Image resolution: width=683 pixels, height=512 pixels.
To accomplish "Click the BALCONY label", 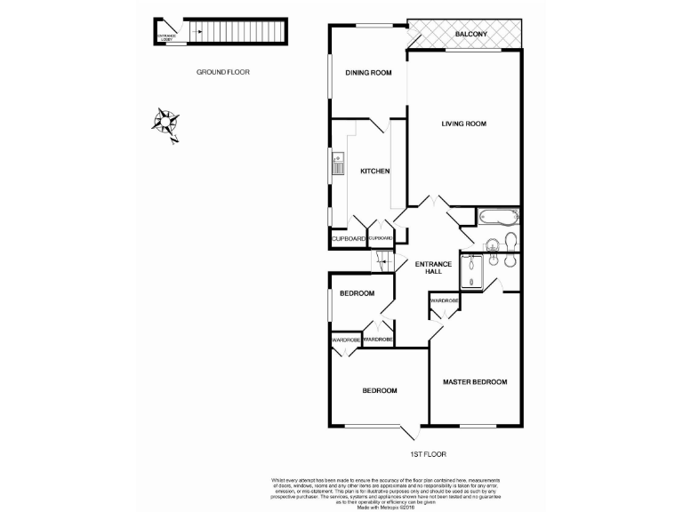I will coord(470,34).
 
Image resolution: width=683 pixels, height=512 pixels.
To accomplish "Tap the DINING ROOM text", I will coord(368,73).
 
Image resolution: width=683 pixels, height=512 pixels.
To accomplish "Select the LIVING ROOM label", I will coord(463,124).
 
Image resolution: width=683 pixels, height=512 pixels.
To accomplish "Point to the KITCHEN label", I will coord(374,172).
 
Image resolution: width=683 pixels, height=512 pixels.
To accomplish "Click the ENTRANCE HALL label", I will coord(433,268).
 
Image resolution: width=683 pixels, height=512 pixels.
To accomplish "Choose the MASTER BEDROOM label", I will coord(475,382).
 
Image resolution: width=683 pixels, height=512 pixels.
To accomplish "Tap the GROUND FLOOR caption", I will coord(223,72).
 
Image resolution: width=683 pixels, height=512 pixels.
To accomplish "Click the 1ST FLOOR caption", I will coord(427,454).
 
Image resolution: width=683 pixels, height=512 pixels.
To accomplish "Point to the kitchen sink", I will coord(337,164).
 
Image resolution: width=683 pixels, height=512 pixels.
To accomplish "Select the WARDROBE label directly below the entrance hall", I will coord(445,301).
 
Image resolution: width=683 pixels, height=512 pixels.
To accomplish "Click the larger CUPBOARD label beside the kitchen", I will coord(348,239).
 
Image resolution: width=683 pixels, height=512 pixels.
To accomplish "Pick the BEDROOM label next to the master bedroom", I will coord(379,391).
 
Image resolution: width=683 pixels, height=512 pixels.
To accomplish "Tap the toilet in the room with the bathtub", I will coord(510,240).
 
